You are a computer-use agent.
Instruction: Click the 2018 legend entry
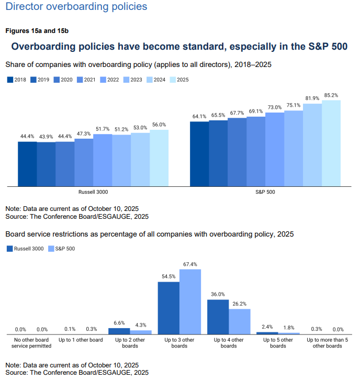pyautogui.click(x=17, y=80)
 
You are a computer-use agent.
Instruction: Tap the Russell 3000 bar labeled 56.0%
pyautogui.click(x=159, y=158)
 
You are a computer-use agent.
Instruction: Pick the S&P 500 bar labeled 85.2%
pyautogui.click(x=331, y=143)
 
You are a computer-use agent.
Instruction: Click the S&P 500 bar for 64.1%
pyautogui.click(x=199, y=153)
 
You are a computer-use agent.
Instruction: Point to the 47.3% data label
pyautogui.click(x=84, y=133)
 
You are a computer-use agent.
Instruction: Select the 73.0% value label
pyautogui.click(x=274, y=107)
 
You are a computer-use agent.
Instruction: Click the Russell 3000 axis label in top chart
pyautogui.click(x=93, y=193)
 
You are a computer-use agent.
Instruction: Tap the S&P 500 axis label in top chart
pyautogui.click(x=265, y=193)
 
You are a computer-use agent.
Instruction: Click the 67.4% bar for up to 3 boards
pyautogui.click(x=190, y=301)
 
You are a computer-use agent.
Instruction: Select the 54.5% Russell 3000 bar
pyautogui.click(x=168, y=308)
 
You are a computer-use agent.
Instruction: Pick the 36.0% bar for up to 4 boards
pyautogui.click(x=218, y=317)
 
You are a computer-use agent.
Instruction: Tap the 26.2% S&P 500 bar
pyautogui.click(x=240, y=321)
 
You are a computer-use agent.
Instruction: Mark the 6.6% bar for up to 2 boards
pyautogui.click(x=119, y=331)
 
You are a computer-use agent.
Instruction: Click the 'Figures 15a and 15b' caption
pyautogui.click(x=37, y=31)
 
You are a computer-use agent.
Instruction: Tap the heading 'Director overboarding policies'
pyautogui.click(x=76, y=7)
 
